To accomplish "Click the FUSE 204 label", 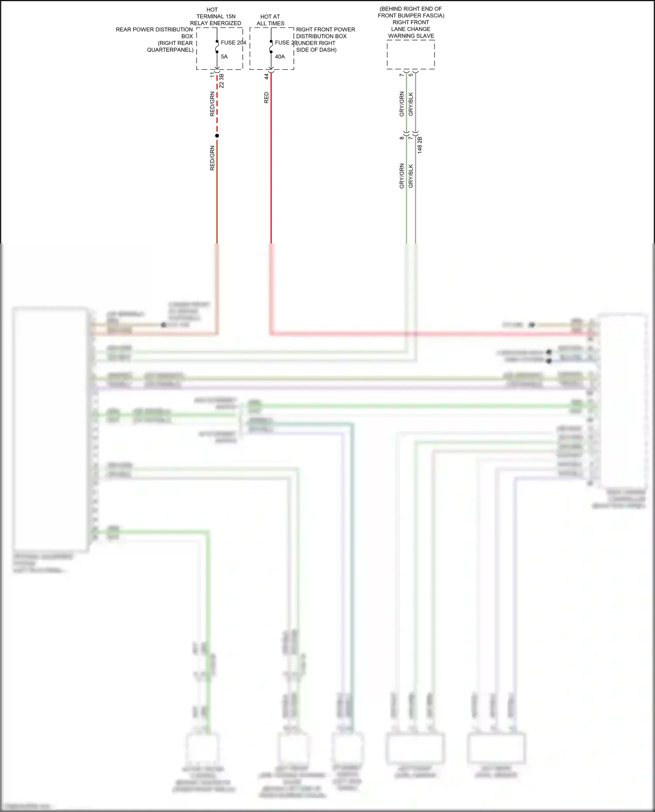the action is coord(233,43).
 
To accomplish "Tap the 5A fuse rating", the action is coord(224,57).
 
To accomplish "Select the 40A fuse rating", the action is coord(279,57).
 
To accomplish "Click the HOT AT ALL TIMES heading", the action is coord(270,20).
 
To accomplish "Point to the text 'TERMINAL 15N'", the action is coord(216,17).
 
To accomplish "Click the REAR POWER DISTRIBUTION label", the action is coord(154,30).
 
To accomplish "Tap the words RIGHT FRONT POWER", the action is coord(325,30).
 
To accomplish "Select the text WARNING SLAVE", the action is coord(411,36).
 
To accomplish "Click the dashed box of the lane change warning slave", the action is coord(410,55).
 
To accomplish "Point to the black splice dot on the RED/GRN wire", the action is coord(217,136).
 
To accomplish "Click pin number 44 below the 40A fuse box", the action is coord(266,76).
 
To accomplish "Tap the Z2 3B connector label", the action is coord(222,81).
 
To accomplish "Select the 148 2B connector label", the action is coord(420,145).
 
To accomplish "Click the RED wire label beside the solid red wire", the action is coord(266,98).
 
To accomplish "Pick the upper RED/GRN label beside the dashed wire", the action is coord(212,104).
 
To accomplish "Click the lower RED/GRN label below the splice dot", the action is coord(212,158).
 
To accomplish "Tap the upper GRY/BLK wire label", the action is coord(411,104).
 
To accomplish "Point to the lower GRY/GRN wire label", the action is coord(402,176).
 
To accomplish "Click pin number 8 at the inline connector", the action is coord(402,138).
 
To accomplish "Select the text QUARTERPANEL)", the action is coord(170,50).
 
